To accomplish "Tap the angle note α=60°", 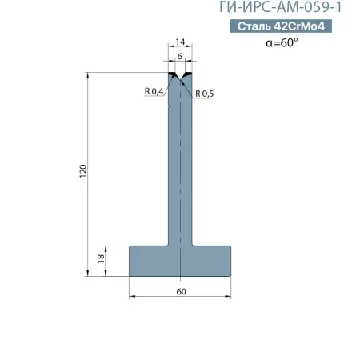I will [282, 44].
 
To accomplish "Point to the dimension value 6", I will [180, 58].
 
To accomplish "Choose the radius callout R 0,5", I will [205, 94].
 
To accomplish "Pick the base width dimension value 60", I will [181, 291].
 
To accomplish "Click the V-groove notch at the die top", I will [181, 79].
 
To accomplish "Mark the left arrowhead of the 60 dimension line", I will [133, 297].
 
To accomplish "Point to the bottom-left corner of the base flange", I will [131, 275].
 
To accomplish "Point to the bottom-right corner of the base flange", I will [231, 275].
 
